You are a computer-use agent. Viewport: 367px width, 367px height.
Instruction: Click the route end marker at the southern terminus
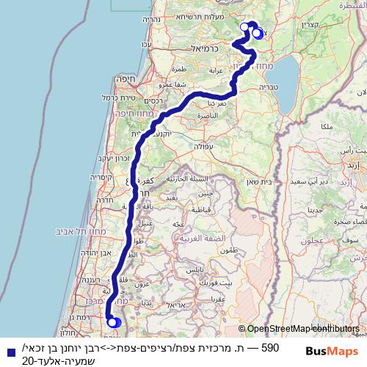pos(113,321)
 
